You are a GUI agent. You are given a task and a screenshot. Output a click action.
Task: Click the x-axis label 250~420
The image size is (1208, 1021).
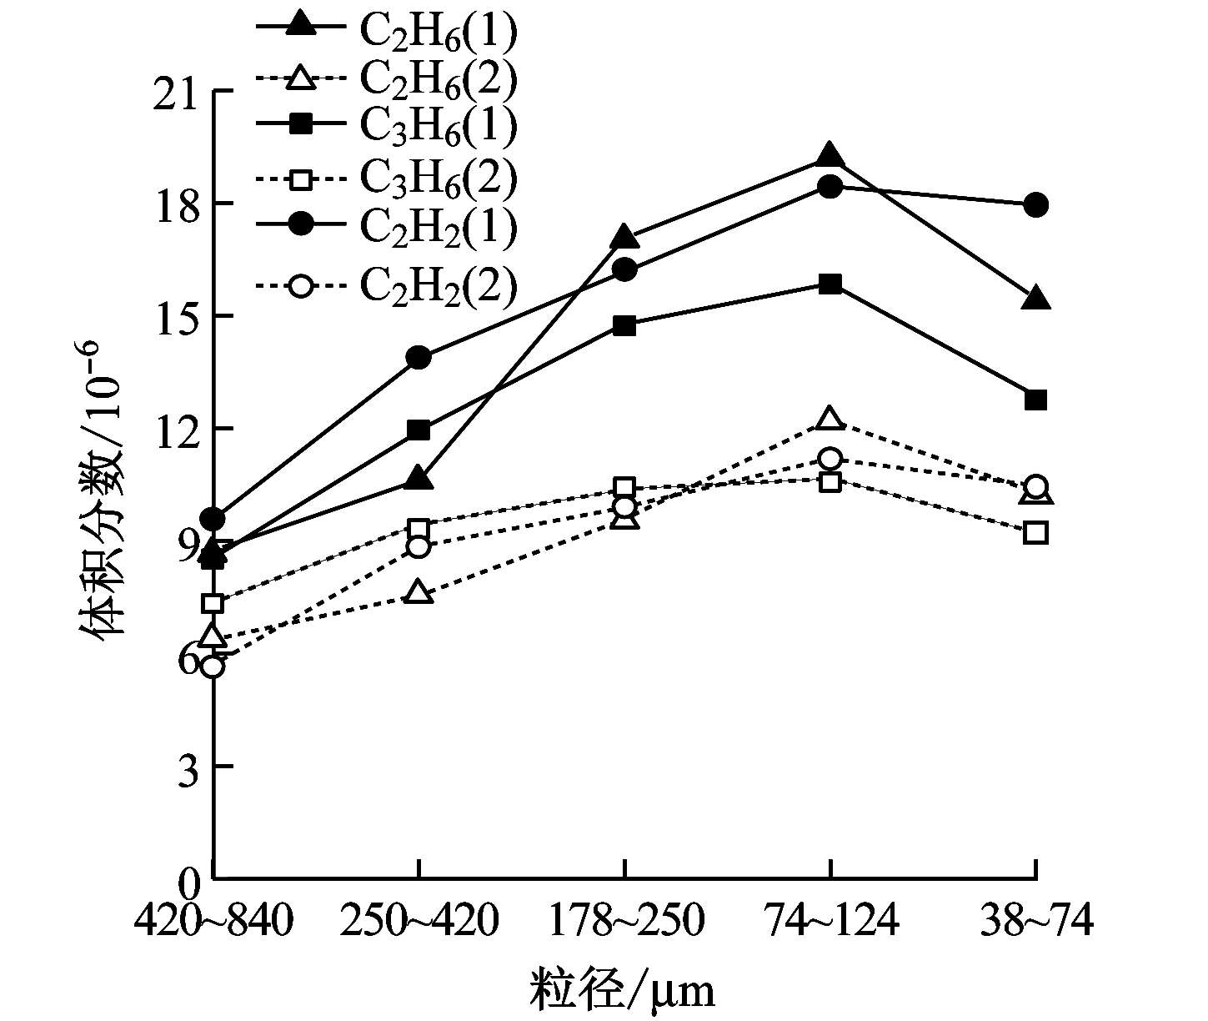coord(419,923)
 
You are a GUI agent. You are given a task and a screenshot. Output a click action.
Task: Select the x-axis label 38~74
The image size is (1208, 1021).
coord(1036,923)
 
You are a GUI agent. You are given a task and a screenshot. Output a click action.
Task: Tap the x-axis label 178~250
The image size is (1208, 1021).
coord(625,923)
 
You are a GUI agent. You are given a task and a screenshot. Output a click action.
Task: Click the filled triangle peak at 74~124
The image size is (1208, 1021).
coord(830,156)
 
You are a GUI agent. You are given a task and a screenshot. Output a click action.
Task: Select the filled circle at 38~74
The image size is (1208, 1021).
coord(1035,205)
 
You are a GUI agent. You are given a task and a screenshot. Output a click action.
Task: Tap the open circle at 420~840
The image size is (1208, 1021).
coord(213,666)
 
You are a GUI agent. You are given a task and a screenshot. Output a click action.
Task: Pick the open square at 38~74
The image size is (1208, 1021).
coord(1035,532)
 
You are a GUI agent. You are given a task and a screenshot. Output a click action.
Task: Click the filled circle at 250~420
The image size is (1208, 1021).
coord(419,358)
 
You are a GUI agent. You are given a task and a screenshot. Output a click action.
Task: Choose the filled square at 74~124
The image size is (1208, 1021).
coord(830,284)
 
